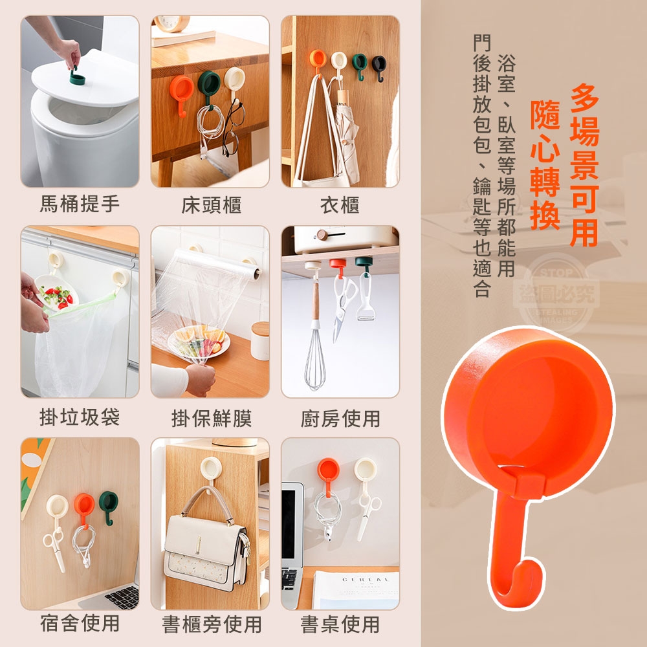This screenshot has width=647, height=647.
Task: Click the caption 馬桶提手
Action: tap(80, 204)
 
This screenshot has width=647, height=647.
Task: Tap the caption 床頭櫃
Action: tap(212, 205)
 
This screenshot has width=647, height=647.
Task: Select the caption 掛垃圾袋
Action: tap(80, 417)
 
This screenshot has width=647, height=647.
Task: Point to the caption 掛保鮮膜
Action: tap(212, 419)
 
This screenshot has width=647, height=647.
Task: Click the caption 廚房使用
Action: tap(340, 419)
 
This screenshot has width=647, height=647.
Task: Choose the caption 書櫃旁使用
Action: tap(212, 624)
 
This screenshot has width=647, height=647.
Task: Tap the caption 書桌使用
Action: tap(340, 624)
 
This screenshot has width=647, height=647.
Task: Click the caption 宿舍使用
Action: tap(80, 622)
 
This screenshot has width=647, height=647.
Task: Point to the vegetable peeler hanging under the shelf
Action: tap(365, 295)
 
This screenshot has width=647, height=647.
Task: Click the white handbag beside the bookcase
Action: tap(206, 545)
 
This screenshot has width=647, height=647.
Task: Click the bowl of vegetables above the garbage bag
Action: tap(56, 294)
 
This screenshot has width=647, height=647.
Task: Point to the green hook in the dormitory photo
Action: tap(109, 507)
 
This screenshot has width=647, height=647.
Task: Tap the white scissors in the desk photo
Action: tap(368, 516)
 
